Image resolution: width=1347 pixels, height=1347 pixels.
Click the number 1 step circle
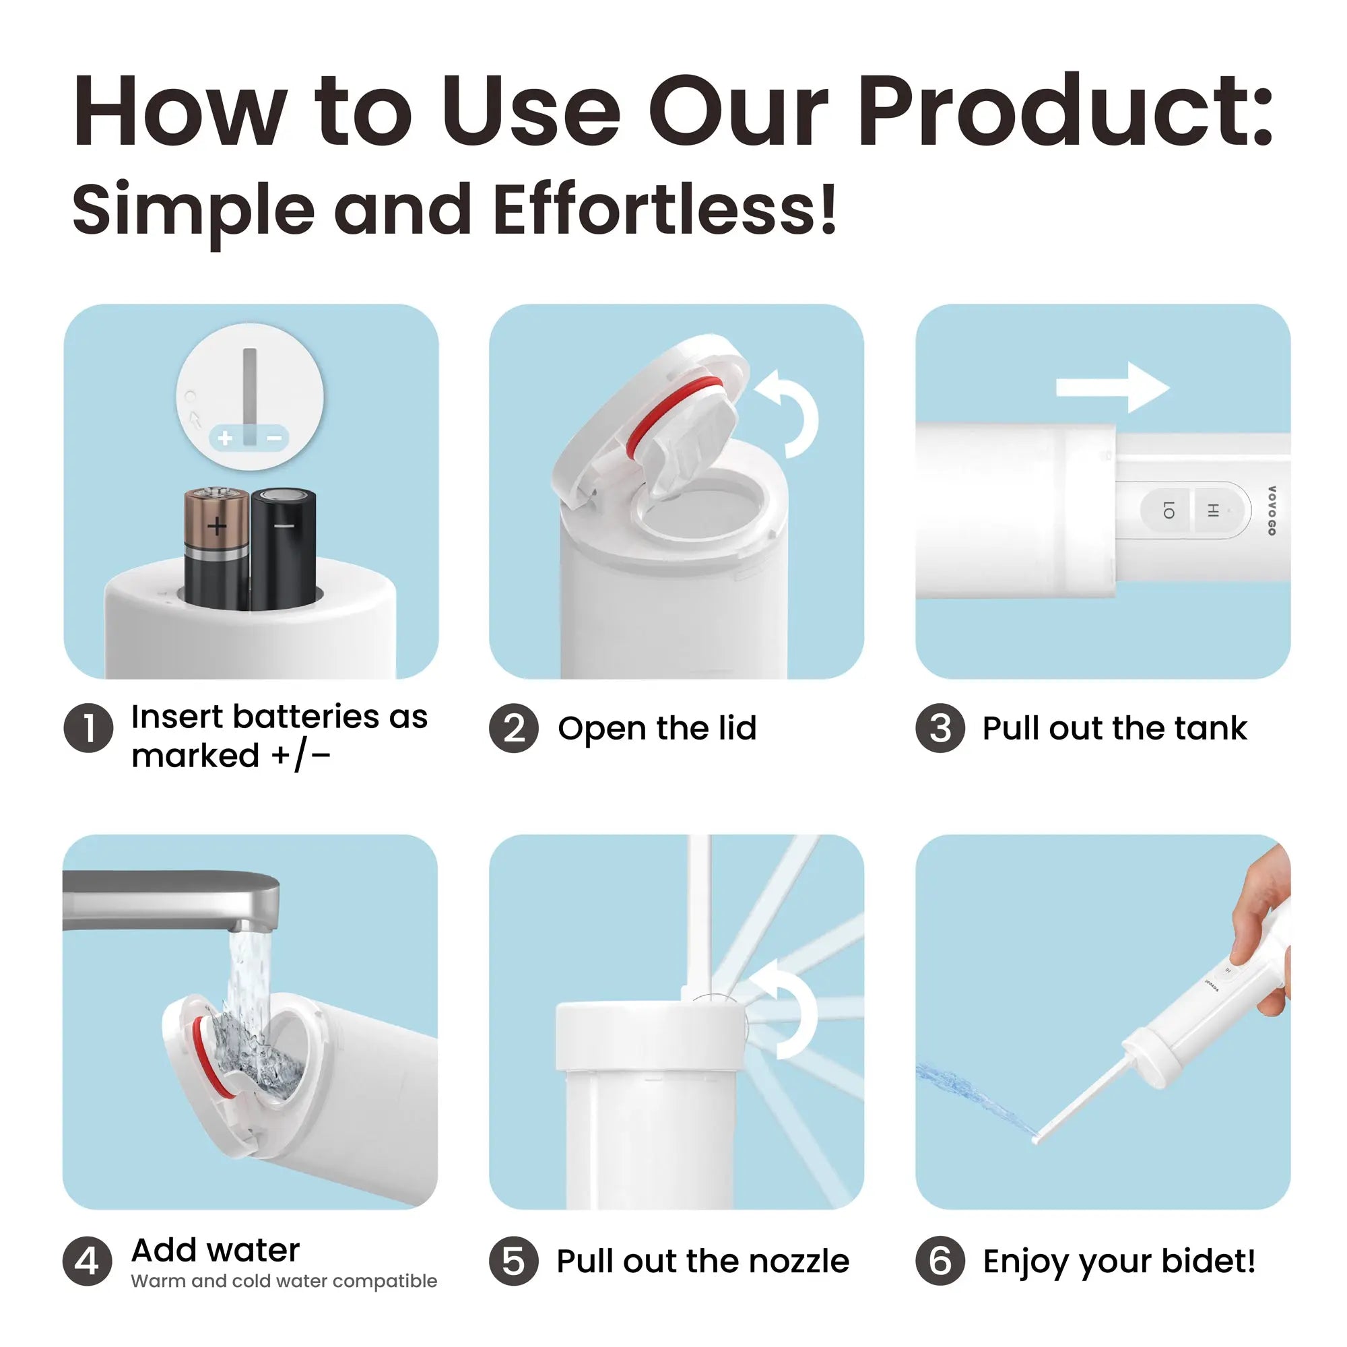pos(88,728)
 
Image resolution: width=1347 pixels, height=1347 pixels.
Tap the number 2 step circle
pos(514,728)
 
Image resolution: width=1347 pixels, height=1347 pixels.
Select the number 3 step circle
pos(940,728)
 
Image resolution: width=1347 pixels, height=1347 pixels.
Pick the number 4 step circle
pos(87,1261)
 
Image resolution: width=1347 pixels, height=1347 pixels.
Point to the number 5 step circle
pos(514,1261)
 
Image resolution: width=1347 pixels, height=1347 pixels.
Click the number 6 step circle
pos(940,1261)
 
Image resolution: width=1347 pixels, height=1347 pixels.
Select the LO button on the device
pos(1169,511)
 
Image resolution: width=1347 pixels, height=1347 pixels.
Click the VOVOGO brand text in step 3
pos(1272,511)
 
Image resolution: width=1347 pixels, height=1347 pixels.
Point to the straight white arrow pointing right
pos(1112,387)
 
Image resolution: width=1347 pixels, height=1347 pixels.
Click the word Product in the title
pos(1063,112)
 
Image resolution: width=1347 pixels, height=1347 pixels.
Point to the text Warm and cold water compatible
pos(284,1281)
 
